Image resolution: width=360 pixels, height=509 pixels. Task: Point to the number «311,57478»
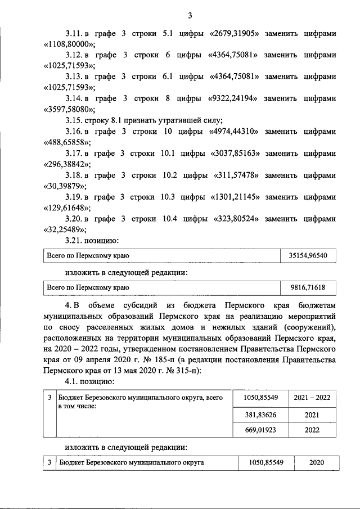(x=236, y=175)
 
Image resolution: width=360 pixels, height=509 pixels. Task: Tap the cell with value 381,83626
(x=259, y=415)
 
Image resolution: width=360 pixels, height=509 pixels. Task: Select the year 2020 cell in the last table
(x=316, y=462)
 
